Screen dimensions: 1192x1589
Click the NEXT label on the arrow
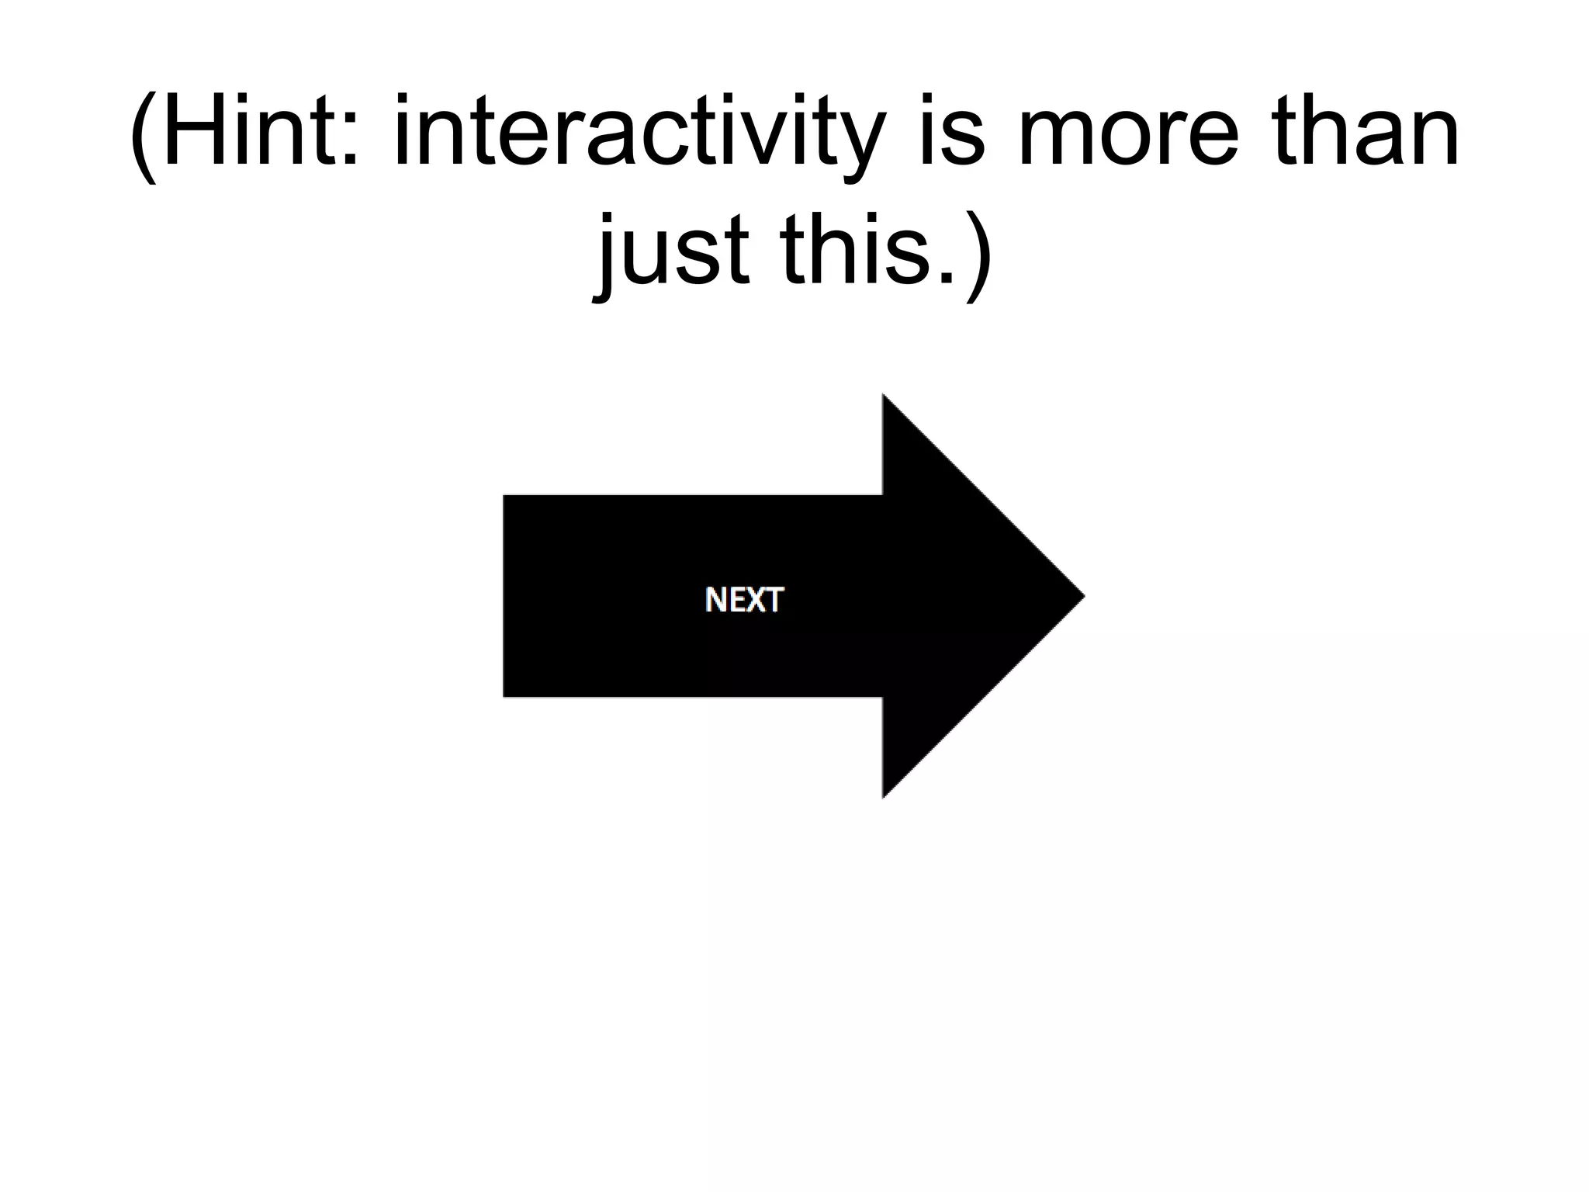(x=744, y=600)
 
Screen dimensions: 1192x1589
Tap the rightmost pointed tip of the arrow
(x=1083, y=596)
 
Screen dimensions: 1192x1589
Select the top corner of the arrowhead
(x=884, y=396)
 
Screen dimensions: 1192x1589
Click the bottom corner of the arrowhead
(x=884, y=796)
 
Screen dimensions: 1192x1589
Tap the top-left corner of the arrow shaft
(x=505, y=496)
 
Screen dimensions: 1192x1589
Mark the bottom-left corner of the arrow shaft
(x=505, y=695)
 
